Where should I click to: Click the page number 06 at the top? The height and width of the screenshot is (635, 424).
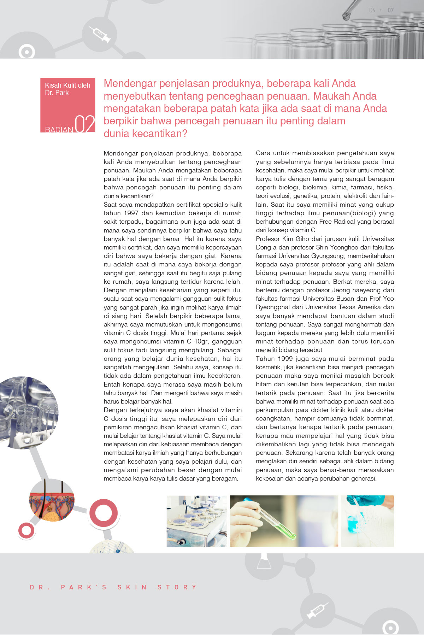pyautogui.click(x=372, y=10)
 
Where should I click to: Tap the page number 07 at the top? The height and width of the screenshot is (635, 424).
pyautogui.click(x=390, y=10)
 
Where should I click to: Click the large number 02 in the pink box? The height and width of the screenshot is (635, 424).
pyautogui.click(x=85, y=124)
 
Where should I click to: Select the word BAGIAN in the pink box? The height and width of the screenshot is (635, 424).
pyautogui.click(x=59, y=130)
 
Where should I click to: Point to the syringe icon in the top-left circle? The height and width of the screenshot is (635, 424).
pyautogui.click(x=100, y=34)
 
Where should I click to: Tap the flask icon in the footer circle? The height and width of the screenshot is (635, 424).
pyautogui.click(x=264, y=559)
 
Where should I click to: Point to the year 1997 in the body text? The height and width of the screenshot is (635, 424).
pyautogui.click(x=131, y=213)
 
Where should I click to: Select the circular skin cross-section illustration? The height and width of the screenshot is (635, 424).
pyautogui.click(x=52, y=500)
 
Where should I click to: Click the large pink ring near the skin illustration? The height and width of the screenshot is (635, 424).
pyautogui.click(x=103, y=513)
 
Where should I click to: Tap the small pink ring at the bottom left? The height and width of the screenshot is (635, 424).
pyautogui.click(x=26, y=530)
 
